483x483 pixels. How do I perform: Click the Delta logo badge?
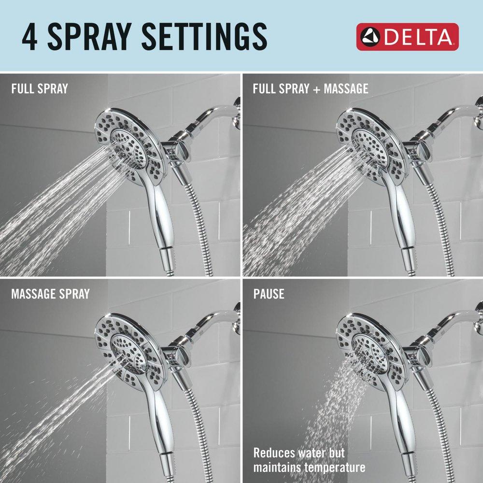(407, 37)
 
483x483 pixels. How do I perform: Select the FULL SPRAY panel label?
(40, 89)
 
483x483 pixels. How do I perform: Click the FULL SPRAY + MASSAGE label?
(311, 89)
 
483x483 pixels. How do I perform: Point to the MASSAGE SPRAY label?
(51, 293)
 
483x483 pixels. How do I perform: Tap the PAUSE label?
(269, 293)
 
